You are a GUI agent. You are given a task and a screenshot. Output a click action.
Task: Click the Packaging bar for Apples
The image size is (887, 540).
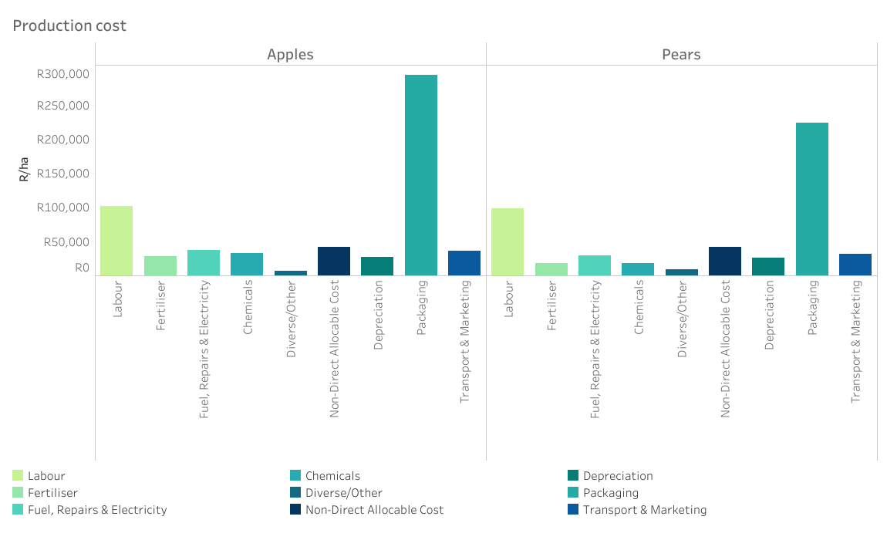[x=421, y=175]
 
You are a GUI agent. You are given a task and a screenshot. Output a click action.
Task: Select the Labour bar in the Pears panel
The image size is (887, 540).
[x=508, y=241]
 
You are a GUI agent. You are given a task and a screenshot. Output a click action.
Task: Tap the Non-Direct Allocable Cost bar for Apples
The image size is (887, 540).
[x=334, y=261]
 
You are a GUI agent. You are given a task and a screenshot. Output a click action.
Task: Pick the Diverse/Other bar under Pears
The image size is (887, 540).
[x=682, y=272]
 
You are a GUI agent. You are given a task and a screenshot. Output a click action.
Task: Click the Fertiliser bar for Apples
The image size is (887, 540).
[x=160, y=265]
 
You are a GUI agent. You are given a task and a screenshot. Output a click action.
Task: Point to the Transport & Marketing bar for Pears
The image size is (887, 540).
[x=855, y=264]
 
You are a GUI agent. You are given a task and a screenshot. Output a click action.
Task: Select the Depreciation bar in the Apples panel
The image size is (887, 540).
[x=377, y=265]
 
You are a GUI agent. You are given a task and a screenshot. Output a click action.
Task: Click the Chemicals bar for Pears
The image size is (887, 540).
[x=638, y=269]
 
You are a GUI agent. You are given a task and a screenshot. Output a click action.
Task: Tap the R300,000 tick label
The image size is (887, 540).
[x=62, y=74]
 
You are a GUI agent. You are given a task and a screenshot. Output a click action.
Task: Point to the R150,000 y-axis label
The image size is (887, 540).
[x=62, y=173]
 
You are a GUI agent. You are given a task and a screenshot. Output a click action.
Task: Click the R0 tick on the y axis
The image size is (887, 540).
[x=82, y=268]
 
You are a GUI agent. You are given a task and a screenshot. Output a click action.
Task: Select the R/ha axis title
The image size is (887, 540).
[x=25, y=169]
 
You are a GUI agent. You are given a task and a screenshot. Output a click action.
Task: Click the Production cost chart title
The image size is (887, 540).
[x=69, y=25]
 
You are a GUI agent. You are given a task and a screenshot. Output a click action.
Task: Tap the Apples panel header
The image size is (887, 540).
[x=290, y=54]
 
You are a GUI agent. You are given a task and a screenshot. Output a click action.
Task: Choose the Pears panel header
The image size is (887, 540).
[x=681, y=54]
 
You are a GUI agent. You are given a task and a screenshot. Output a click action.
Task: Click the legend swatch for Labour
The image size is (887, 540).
[x=18, y=476]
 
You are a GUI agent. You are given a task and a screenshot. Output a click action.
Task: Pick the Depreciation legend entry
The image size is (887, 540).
[x=618, y=476]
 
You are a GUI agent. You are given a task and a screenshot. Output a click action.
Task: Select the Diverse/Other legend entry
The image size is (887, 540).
[x=343, y=493]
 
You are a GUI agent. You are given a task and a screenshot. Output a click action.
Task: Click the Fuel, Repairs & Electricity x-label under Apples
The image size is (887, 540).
[x=204, y=349]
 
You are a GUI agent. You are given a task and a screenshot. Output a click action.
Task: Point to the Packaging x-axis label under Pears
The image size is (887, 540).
[x=812, y=307]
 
